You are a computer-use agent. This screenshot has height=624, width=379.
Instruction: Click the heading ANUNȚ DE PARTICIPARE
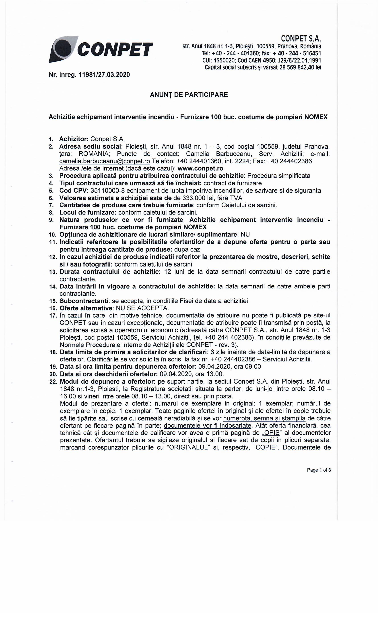[x=189, y=95]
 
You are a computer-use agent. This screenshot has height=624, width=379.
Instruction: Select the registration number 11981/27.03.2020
[x=104, y=75]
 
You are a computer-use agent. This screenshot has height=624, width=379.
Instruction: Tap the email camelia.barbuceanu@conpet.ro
[x=105, y=161]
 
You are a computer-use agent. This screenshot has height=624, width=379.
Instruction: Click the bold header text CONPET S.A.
[x=301, y=39]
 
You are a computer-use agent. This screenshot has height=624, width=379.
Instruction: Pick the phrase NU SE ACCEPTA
[x=142, y=308]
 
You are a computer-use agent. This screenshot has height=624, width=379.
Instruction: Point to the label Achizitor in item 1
[x=74, y=139]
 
